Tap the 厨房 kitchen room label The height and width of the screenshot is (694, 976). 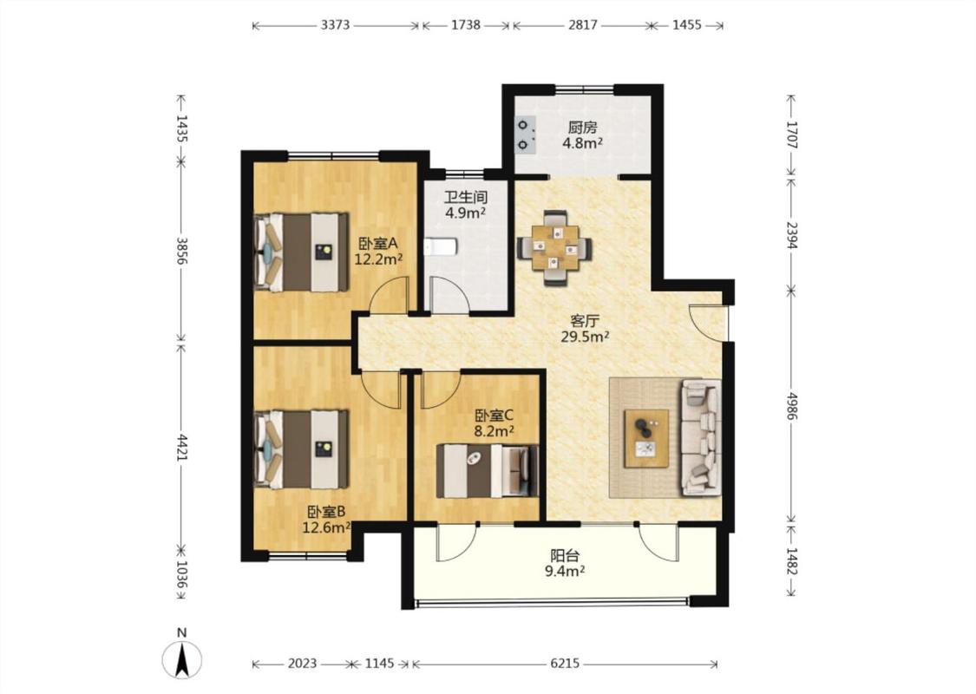point(583,128)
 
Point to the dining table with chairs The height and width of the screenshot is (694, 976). point(554,248)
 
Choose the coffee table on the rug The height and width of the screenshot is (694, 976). point(646,438)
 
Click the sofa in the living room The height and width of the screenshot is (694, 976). point(702,437)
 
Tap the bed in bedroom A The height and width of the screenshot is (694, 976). point(301,252)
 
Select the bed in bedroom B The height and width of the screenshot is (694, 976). point(301,448)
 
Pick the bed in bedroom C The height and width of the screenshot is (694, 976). point(487,471)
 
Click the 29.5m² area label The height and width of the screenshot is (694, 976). point(585,337)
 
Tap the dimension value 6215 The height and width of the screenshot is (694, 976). point(565,664)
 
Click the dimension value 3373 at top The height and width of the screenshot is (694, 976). point(336,25)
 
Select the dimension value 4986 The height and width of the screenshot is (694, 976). point(791,406)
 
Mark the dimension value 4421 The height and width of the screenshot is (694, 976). point(181,448)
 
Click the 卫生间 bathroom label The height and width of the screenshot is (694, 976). point(466,197)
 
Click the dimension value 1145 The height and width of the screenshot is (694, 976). point(379,664)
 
